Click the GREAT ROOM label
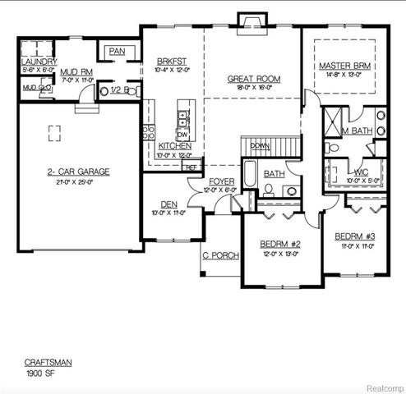click(x=254, y=80)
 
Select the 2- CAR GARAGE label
click(x=79, y=172)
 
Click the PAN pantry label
click(x=116, y=52)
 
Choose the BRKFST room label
click(x=172, y=62)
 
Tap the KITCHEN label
click(x=175, y=146)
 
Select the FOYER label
click(x=221, y=181)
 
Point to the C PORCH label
click(x=221, y=255)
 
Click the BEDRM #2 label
click(x=281, y=244)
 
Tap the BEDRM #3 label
click(x=355, y=236)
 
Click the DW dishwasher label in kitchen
click(x=182, y=134)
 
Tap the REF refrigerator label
click(x=191, y=167)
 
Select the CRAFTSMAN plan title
click(x=42, y=362)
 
